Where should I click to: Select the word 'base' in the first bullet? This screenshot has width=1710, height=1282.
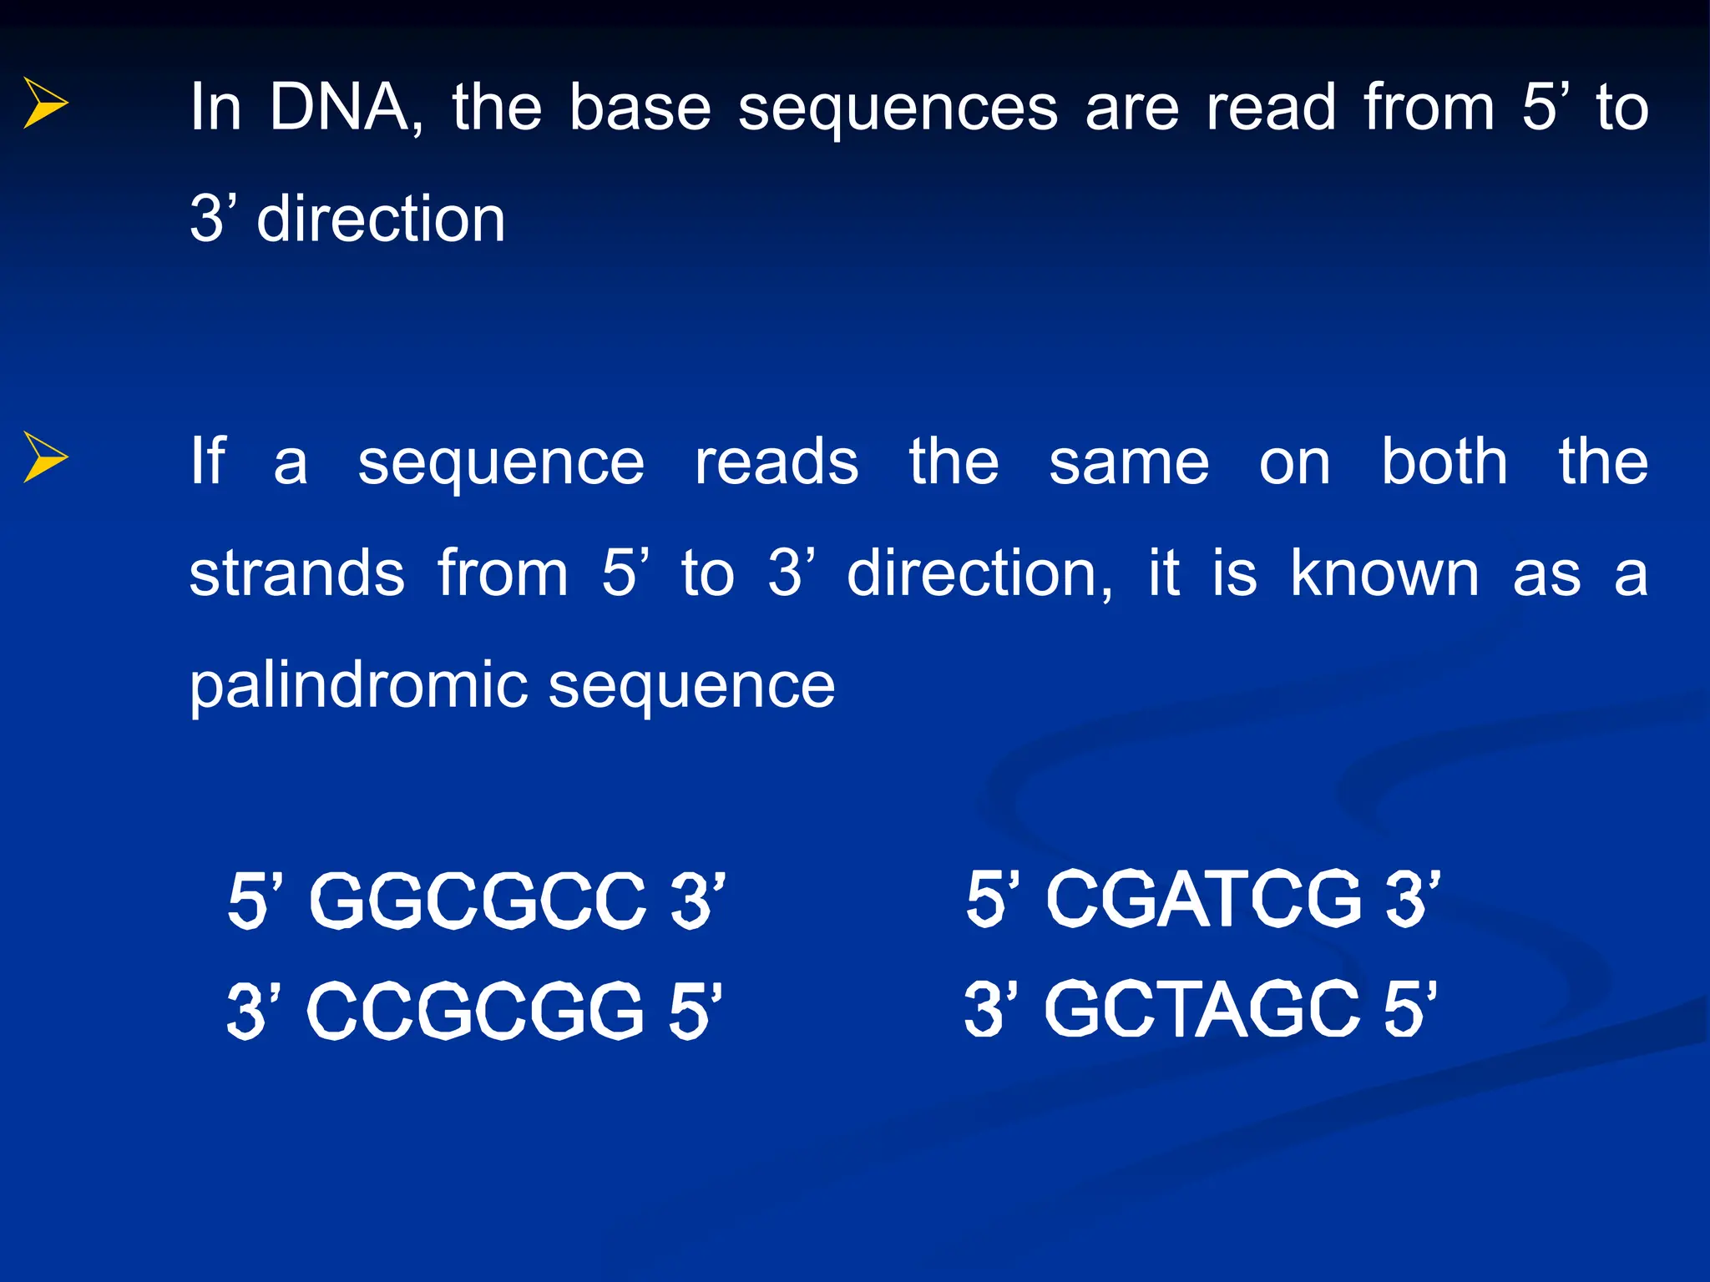tap(640, 108)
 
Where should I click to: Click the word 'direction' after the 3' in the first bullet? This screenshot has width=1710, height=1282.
tap(381, 219)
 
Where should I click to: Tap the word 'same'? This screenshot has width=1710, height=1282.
tap(1129, 463)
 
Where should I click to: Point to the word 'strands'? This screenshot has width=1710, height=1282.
tap(297, 573)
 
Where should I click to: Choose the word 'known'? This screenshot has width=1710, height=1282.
tap(1384, 573)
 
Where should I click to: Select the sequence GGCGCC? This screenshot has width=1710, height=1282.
tap(478, 901)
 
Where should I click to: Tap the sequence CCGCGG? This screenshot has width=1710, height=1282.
tap(476, 1011)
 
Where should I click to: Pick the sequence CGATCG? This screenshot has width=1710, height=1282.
tap(1204, 899)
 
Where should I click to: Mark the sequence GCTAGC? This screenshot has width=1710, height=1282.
tap(1202, 1009)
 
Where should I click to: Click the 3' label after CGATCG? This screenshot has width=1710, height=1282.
tap(1413, 899)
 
